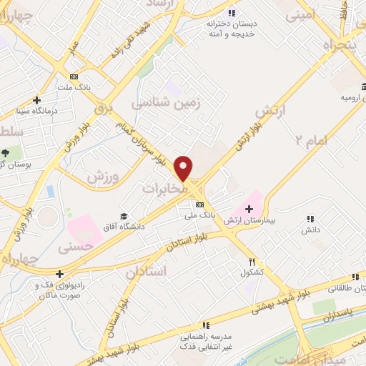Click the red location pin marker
tap(184, 168)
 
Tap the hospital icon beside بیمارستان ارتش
tap(248, 209)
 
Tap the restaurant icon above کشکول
tap(251, 262)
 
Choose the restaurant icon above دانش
tap(310, 219)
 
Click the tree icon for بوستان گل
tap(6, 153)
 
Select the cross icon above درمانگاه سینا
tap(36, 101)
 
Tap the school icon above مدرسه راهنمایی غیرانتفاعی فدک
tap(206, 325)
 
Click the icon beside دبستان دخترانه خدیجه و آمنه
tap(232, 12)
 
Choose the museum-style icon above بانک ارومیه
tap(355, 86)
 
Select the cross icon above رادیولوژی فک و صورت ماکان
tap(59, 273)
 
